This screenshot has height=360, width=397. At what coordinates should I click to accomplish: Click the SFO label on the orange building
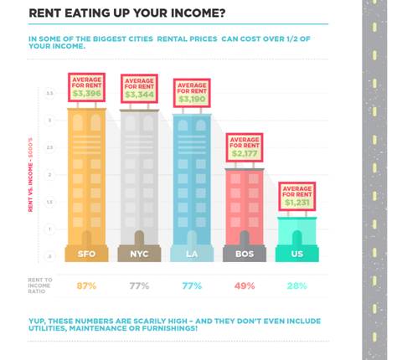[x=86, y=254]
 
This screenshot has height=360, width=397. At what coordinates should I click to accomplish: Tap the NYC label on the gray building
[x=138, y=254]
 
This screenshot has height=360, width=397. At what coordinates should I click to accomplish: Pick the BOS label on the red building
[x=244, y=254]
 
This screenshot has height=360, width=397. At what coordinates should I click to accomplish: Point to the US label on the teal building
[x=296, y=254]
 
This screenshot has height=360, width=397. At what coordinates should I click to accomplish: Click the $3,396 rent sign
[x=86, y=88]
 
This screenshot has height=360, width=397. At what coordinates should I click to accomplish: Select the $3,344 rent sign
[x=139, y=90]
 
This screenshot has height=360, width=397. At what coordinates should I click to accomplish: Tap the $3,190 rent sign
[x=191, y=93]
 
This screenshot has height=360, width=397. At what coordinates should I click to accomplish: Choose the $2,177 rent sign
[x=245, y=148]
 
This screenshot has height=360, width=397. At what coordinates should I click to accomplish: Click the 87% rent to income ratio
[x=86, y=286]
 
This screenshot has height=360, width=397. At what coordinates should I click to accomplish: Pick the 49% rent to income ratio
[x=244, y=286]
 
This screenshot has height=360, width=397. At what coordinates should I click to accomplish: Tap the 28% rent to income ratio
[x=296, y=286]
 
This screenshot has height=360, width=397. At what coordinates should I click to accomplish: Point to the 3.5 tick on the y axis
[x=49, y=94]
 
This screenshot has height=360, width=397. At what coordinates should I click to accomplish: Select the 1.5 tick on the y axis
[x=49, y=202]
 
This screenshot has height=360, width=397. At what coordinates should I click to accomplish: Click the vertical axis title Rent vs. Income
[x=31, y=176]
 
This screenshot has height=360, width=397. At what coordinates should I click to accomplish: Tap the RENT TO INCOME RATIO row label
[x=41, y=286]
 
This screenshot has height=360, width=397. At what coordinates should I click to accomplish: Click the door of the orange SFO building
[x=86, y=232]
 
